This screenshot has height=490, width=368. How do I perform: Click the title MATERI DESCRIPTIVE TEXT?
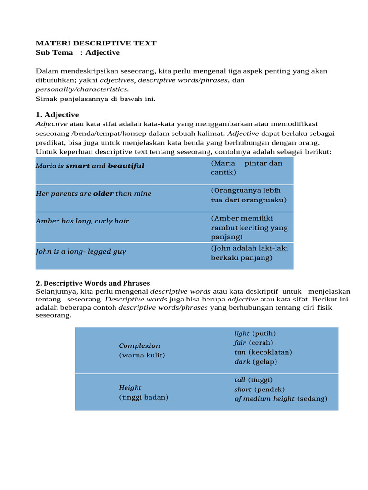click(96, 43)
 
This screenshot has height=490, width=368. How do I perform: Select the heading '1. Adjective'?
click(57, 115)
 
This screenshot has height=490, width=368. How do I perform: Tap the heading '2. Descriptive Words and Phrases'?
click(93, 283)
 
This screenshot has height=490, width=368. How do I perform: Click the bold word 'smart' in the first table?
click(78, 166)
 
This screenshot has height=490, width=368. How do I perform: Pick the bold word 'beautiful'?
click(126, 166)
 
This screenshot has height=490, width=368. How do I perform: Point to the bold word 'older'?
click(103, 194)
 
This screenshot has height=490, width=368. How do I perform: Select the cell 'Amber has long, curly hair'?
click(82, 221)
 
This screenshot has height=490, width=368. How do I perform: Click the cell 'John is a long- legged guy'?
click(81, 252)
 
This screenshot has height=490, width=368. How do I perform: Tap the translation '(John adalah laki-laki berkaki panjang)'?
click(249, 253)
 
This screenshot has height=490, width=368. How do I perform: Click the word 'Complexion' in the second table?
click(139, 345)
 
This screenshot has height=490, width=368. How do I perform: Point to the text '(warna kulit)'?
click(142, 355)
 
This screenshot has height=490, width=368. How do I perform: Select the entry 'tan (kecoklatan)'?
click(263, 352)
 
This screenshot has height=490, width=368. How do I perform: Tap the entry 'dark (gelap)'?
click(255, 362)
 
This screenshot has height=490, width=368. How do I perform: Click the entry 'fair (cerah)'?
click(253, 343)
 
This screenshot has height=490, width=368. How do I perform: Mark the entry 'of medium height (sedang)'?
click(281, 399)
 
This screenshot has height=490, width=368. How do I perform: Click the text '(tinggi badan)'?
click(143, 397)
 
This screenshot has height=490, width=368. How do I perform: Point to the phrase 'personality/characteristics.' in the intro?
click(82, 89)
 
